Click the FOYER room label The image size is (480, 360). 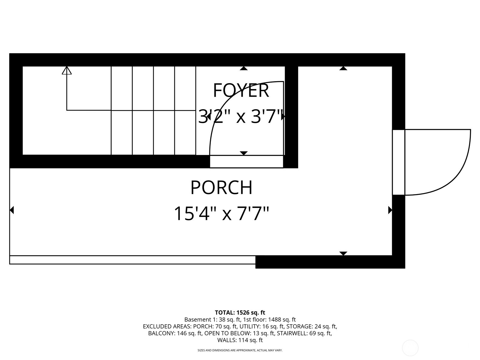tap(241, 90)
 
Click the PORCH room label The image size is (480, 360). tap(221, 187)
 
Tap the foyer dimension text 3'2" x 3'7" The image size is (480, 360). tap(241, 116)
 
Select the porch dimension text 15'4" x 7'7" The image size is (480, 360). tap(221, 213)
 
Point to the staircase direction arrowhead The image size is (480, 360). tap(67, 70)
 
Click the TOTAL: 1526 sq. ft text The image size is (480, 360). tap(240, 313)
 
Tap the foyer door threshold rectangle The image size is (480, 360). tap(246, 162)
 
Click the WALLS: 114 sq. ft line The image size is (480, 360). tap(240, 340)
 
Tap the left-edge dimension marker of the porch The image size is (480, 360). tap(12, 210)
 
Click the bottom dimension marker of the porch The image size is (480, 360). tap(343, 253)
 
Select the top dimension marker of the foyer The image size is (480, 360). tap(244, 68)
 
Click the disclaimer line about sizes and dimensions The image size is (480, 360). tap(240, 350)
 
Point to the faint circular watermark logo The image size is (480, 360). tap(410, 348)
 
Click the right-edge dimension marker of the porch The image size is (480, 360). tap(390, 210)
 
